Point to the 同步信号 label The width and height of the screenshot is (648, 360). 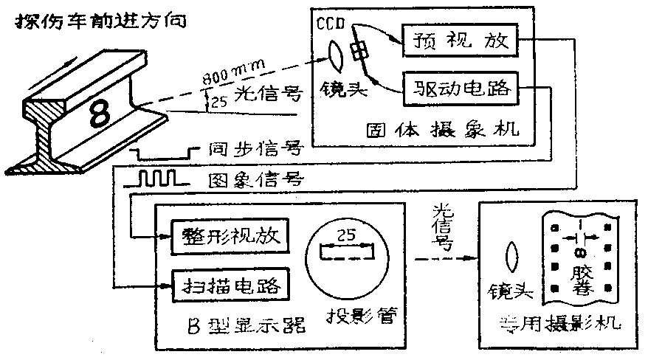255,150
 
